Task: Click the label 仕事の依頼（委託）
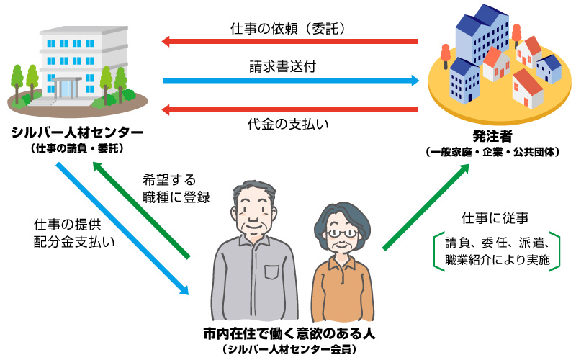click(289, 30)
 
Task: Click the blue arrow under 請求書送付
click(291, 80)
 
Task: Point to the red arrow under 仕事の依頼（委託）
click(289, 42)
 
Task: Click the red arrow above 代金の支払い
click(289, 110)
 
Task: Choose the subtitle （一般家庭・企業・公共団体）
click(492, 152)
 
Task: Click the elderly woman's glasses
click(340, 233)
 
